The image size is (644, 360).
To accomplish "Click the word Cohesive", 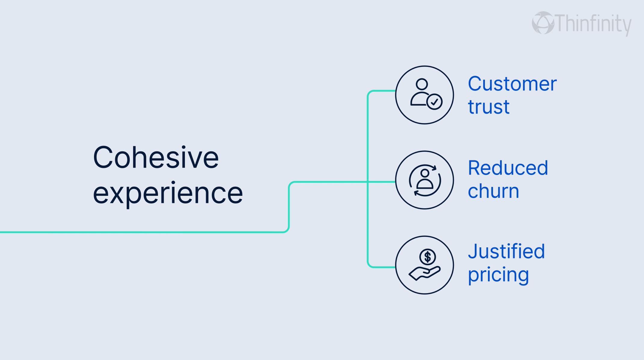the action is (156, 157).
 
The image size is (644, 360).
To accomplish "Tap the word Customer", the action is (512, 84).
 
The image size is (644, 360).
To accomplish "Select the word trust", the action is (489, 107).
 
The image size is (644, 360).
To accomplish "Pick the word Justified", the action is (506, 252).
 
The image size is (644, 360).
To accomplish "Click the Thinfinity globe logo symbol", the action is (543, 23).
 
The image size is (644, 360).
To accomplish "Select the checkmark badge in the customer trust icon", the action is (434, 102).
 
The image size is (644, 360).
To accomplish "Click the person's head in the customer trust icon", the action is (422, 84).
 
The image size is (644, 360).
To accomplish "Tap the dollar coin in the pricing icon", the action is (428, 257).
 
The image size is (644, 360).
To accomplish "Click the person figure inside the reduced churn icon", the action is (425, 179).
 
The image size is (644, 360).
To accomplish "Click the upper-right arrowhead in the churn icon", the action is (434, 168).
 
